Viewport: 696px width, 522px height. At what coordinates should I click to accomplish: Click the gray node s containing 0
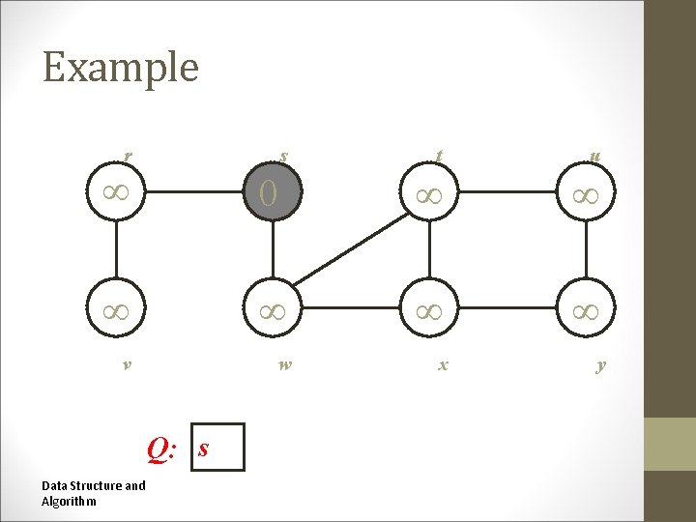pos(273,193)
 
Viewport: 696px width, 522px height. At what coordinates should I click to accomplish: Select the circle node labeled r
pos(116,193)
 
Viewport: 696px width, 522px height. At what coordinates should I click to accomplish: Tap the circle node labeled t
pos(429,193)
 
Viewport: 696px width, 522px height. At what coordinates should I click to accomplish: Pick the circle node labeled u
pos(586,193)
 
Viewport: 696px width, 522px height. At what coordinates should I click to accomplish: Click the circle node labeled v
pos(116,310)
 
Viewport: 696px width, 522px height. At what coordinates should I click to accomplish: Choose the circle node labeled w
pos(273,310)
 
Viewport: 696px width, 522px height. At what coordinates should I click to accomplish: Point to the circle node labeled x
pos(429,310)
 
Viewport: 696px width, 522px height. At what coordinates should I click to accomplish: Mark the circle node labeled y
pos(586,310)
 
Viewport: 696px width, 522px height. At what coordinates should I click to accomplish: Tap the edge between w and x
pos(351,310)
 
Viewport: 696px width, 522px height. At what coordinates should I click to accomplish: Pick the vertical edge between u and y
pos(586,251)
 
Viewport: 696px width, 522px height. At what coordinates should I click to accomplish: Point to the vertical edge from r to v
pos(116,251)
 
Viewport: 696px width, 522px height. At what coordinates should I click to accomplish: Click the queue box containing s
pos(218,448)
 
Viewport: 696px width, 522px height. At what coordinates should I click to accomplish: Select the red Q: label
pos(160,448)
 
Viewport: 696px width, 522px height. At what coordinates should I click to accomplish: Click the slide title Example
pos(121,68)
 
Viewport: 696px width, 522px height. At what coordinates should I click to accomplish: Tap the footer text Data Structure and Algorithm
pos(93,493)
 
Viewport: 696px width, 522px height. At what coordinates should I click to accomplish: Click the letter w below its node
pos(284,366)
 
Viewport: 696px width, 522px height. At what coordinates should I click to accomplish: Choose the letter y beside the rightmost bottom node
pos(600,366)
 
